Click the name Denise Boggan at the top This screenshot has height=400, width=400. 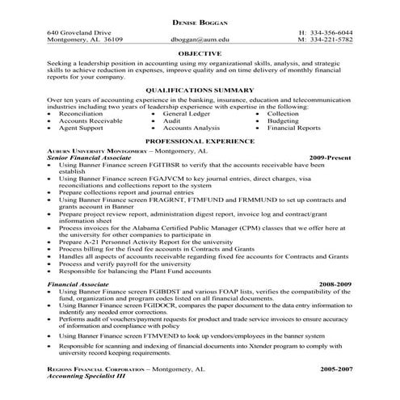click(x=200, y=19)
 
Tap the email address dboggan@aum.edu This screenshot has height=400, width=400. click(x=200, y=38)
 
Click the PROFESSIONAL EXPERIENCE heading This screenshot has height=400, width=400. click(x=200, y=141)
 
